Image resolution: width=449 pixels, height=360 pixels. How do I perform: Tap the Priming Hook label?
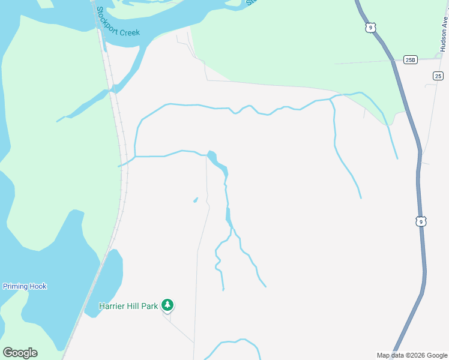click(x=25, y=286)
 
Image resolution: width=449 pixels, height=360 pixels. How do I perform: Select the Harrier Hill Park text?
click(x=129, y=306)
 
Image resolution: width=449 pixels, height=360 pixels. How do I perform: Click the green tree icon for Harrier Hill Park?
click(x=168, y=305)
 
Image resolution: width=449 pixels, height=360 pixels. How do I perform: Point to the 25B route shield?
click(x=410, y=59)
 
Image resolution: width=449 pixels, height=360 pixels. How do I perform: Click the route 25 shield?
click(x=438, y=76)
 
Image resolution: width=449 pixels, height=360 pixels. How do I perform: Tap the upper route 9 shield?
click(x=370, y=28)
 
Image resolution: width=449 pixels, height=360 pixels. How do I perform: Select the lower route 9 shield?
click(x=421, y=221)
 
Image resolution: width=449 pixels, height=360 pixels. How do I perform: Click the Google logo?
click(x=20, y=353)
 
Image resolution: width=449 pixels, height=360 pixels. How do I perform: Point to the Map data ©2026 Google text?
click(x=412, y=355)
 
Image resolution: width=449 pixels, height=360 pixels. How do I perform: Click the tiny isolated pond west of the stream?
click(x=195, y=200)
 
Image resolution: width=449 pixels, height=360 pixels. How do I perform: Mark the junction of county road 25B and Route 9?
click(x=394, y=60)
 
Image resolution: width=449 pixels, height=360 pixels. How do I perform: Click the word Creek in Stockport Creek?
click(x=130, y=32)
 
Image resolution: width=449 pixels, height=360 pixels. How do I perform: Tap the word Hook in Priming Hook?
click(x=37, y=286)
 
